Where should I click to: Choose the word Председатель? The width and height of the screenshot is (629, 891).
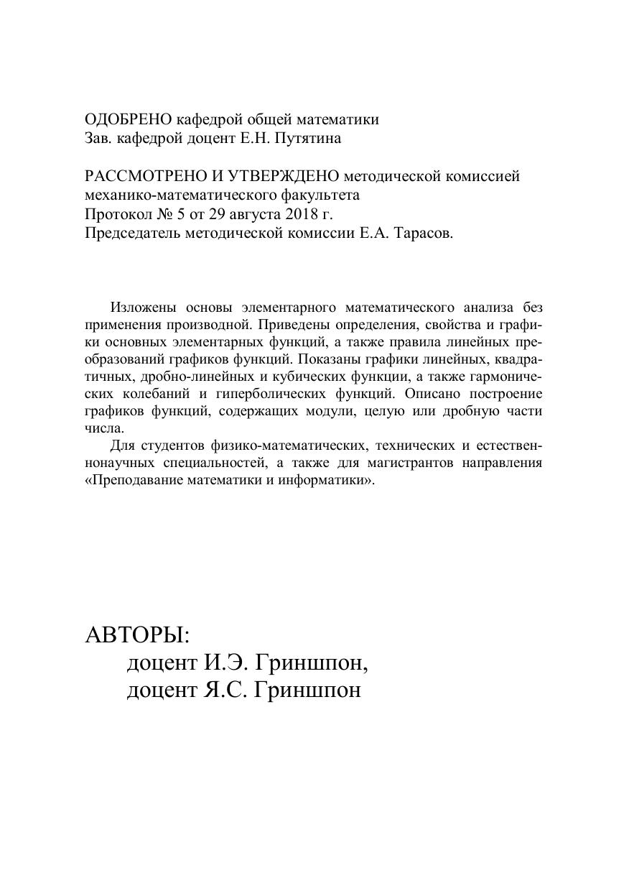(133, 234)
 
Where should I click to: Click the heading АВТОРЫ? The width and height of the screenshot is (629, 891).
(137, 635)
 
